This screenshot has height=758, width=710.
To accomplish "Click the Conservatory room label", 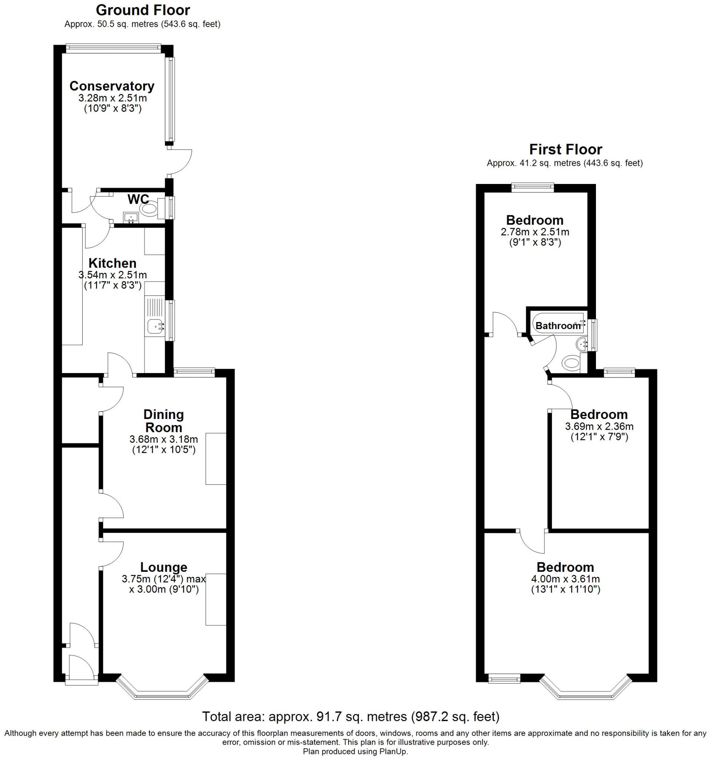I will pos(112,86).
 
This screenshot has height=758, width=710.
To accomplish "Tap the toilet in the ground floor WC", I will pos(149,209).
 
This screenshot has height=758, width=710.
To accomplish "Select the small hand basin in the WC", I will pos(131,218).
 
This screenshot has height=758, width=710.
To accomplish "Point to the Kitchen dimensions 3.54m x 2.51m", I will pos(113,275).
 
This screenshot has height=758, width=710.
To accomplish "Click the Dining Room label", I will pos(163,420).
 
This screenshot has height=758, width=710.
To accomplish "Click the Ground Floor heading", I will pos(143,10).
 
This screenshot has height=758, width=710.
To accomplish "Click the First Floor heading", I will pos(566,149).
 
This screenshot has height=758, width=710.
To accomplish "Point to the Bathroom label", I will pos(558,326).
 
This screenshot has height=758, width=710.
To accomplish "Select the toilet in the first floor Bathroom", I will pos(571,362).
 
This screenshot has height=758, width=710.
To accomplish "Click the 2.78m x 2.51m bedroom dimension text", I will pos(534,232).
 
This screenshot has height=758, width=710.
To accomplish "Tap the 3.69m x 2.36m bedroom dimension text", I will pos(599,426).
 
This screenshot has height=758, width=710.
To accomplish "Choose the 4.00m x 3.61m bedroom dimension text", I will pos(565,579).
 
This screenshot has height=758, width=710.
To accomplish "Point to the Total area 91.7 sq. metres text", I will pos(350,717).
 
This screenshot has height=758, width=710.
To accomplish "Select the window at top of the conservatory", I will pos(113,47).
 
